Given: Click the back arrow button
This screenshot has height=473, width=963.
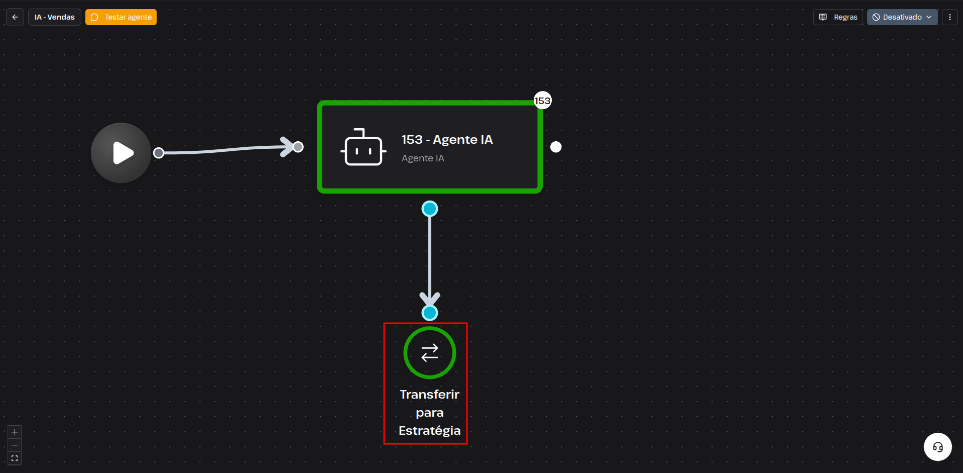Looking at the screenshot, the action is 15,17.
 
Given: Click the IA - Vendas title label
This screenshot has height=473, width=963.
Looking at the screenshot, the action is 55,17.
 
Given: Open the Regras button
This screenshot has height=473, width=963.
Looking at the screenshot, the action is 838,17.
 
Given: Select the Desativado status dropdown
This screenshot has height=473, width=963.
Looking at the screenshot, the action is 902,17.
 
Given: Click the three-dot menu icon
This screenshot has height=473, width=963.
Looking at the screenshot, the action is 949,17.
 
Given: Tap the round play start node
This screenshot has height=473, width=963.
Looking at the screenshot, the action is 121,153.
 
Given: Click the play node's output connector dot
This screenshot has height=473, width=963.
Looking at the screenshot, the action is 159,153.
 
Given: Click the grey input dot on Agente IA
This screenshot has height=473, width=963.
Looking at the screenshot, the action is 298,147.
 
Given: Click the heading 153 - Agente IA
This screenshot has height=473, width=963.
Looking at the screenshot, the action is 447,140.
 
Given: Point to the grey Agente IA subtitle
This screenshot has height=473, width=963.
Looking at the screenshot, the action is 423,158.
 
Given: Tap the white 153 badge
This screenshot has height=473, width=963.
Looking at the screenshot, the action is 542,101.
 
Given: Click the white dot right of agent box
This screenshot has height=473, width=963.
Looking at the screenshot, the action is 556,147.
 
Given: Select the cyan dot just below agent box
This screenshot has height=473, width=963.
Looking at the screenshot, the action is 430,209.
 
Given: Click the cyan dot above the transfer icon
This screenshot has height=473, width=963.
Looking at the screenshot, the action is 430,313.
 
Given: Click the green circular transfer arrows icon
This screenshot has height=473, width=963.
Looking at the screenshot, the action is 430,353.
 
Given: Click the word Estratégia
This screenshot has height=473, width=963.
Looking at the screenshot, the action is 430,431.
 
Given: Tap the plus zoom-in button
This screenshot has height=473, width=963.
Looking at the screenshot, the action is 15,432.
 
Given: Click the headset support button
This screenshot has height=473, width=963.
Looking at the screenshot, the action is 938,447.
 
